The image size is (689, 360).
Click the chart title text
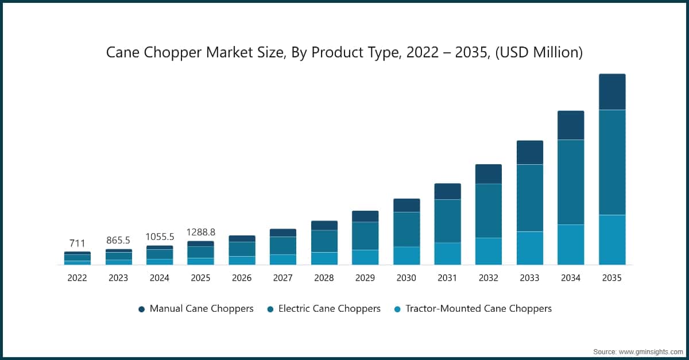[344, 53]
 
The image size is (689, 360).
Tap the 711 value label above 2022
[77, 243]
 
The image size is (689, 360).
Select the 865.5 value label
[118, 241]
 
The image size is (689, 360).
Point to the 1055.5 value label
[160, 237]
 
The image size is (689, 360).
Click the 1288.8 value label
[200, 232]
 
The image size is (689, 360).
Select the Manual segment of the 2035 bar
[612, 92]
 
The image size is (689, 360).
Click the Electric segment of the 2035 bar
[612, 162]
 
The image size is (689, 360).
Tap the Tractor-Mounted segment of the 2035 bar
[612, 239]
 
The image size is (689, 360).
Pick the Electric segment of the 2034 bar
[571, 182]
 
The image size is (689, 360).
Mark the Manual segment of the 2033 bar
[529, 152]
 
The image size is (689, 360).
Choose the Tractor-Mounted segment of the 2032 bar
[488, 251]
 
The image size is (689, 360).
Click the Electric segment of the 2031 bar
[447, 221]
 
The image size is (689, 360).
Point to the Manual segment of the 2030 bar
[406, 205]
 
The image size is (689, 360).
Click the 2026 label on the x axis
[242, 278]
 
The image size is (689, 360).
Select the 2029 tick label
[365, 278]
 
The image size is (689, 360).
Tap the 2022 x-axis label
[77, 278]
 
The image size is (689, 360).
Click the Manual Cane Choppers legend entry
[201, 309]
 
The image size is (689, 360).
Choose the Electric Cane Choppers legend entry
[329, 309]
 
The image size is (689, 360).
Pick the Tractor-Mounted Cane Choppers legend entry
[478, 309]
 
